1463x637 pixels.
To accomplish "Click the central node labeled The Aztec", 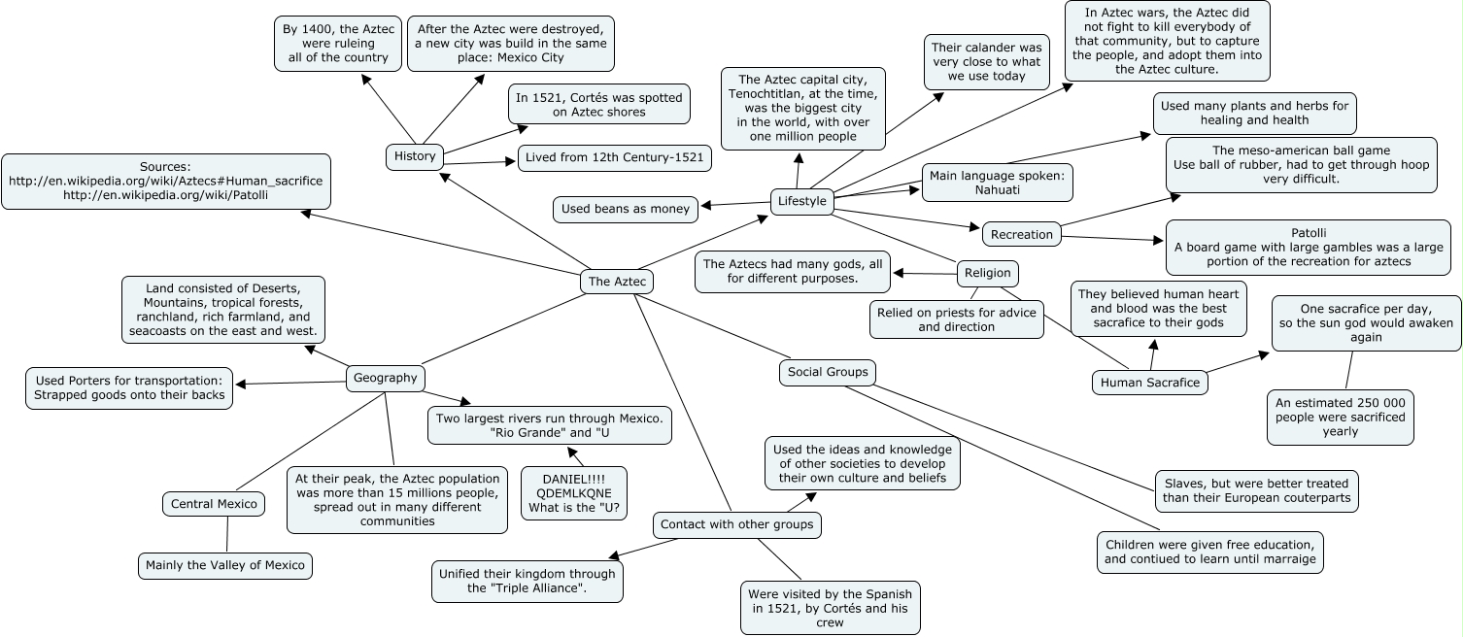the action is coord(617,282).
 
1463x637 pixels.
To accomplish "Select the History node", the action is coord(415,156).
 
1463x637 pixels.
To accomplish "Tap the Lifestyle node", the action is coord(802,201).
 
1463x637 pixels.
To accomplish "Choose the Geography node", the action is coord(386,378).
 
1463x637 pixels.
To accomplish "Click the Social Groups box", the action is coord(828,372).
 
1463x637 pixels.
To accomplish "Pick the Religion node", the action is coord(988,273).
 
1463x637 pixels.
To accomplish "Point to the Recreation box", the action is coord(1022,234).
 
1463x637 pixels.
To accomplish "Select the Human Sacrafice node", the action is coord(1150,383).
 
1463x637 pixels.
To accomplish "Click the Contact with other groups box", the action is coord(736,524).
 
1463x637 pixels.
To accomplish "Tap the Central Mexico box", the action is coord(214,504).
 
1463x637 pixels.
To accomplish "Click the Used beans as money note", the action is coord(626,209).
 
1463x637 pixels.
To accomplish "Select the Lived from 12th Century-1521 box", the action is coord(615,158).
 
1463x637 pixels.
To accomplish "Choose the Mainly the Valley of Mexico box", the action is coord(225,566).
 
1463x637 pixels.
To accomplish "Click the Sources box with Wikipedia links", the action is coord(166,182).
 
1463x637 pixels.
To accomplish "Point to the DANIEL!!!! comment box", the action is coord(574,493).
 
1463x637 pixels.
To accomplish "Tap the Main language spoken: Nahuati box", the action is coord(998,183).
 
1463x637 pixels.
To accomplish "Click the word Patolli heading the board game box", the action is coord(1309,233).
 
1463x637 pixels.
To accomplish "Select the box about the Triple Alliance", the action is coord(527,582).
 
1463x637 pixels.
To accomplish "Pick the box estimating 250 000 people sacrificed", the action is coord(1341,418).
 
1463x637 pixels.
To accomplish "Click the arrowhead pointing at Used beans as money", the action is coord(705,206).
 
